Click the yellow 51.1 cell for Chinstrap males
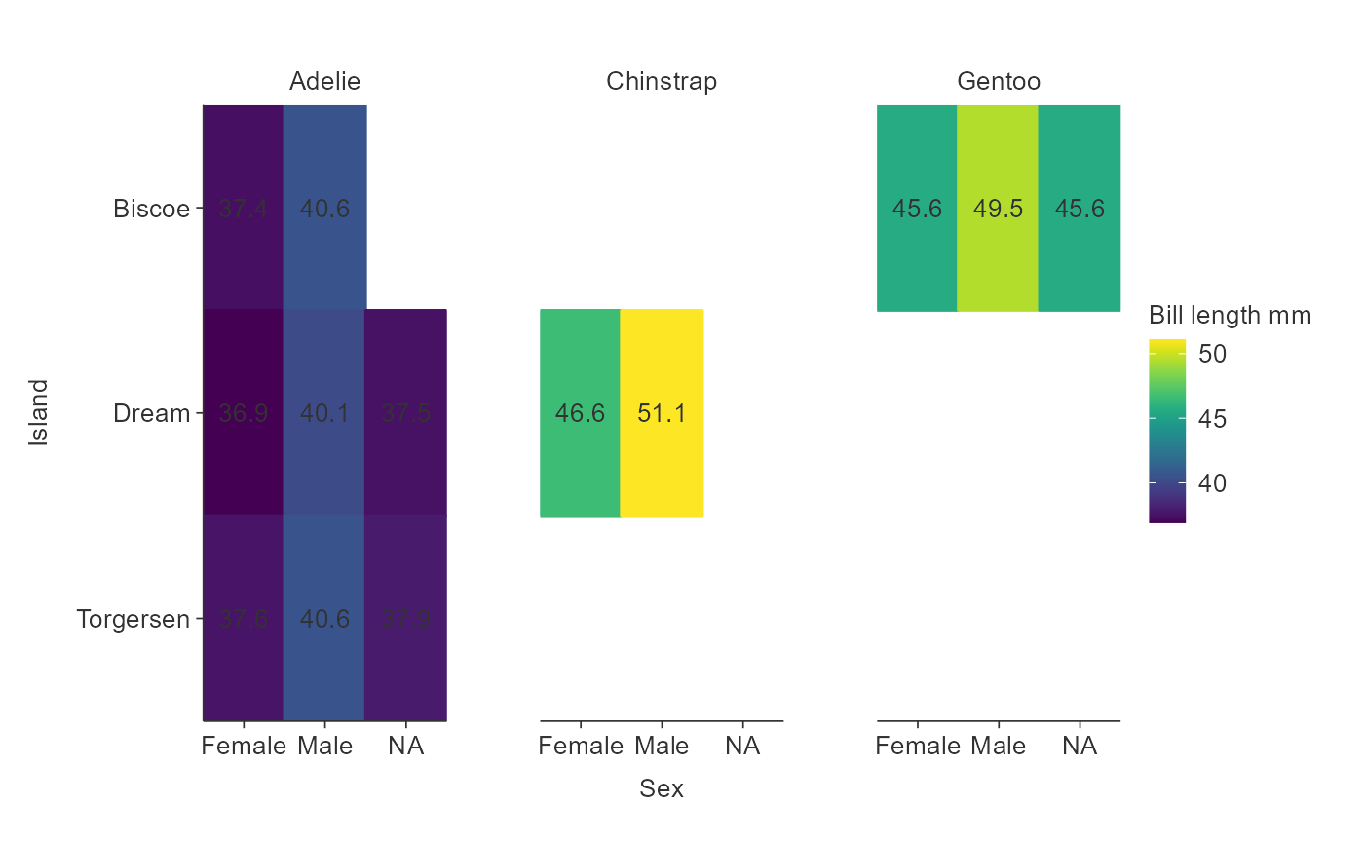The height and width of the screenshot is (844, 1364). pos(662,413)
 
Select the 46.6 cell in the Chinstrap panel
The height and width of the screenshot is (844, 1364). pos(580,413)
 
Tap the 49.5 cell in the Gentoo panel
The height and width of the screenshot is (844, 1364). pos(998,208)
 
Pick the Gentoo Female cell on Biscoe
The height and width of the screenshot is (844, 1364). pos(917,208)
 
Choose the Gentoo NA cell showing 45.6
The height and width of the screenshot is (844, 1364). pos(1080,208)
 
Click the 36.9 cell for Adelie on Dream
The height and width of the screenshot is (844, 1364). pos(243,413)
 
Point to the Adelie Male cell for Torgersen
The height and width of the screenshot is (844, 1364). pos(324,619)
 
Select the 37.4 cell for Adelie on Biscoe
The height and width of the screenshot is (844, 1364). pos(243,208)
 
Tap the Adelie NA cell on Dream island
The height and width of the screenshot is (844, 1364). pos(405,413)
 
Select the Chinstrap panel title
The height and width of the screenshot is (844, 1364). pos(662,82)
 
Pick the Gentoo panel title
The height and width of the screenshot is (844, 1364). pos(999,82)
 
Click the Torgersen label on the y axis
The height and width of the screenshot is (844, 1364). pos(133,619)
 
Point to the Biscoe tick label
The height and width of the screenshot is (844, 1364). pos(151,209)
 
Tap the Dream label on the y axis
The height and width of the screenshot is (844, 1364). pos(151,413)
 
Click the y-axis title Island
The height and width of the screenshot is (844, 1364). pos(38,413)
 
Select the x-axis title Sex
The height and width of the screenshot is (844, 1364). pos(662,788)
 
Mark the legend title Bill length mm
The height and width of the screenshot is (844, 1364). pos(1230,316)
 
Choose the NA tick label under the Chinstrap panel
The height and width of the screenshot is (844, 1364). pos(742,747)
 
